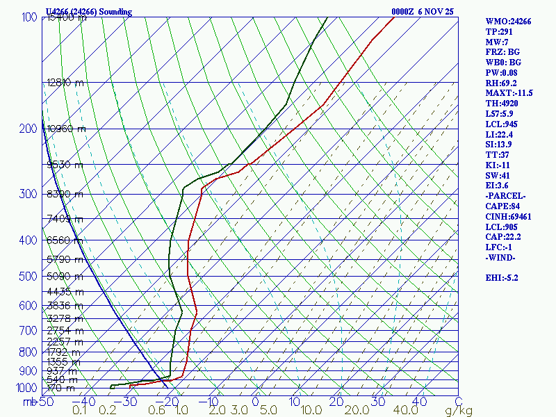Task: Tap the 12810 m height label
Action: click(65, 83)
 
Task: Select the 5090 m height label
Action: click(65, 277)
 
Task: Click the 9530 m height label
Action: click(65, 165)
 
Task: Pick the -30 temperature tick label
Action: click(128, 401)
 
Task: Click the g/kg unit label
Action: click(458, 411)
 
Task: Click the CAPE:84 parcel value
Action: click(504, 206)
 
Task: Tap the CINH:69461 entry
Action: click(510, 216)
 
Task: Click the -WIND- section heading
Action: click(501, 258)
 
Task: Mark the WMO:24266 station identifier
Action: click(508, 22)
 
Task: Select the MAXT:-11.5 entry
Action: click(509, 92)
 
